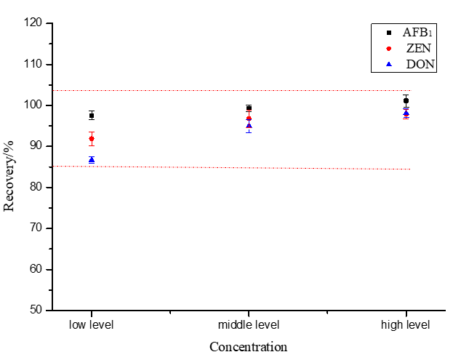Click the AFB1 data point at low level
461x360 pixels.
92,115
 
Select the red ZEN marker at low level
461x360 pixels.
92,138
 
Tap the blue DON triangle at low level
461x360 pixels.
92,159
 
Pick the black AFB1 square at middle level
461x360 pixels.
249,108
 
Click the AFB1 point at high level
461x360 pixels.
406,100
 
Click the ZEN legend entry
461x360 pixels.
412,49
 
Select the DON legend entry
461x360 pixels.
412,64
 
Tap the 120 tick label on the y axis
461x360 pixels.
33,23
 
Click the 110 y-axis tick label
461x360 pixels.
33,64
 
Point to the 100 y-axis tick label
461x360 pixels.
33,105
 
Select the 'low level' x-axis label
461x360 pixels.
92,324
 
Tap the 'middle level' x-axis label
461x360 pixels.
249,324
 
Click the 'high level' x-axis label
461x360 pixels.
406,324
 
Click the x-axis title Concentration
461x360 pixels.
249,347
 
